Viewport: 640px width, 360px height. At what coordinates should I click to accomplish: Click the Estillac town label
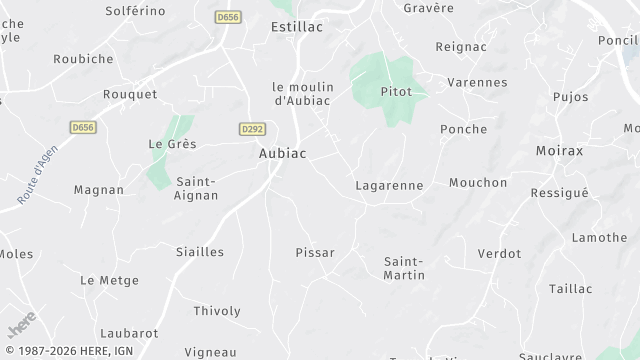click(297, 27)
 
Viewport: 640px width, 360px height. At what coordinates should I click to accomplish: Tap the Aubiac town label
click(282, 153)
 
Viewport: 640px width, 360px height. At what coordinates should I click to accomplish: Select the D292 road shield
click(252, 129)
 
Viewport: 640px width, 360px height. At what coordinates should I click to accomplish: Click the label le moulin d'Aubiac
click(303, 92)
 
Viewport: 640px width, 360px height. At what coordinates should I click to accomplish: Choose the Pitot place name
click(396, 91)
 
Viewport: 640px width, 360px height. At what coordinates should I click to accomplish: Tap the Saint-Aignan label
click(198, 188)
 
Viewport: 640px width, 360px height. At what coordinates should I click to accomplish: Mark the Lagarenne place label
click(389, 185)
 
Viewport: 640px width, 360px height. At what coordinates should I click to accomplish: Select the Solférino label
click(135, 10)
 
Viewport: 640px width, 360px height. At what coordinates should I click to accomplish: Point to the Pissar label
click(315, 252)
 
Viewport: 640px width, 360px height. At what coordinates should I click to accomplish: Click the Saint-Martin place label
click(404, 267)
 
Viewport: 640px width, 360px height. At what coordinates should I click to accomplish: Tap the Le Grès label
click(172, 144)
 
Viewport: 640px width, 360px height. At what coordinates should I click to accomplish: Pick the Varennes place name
click(477, 82)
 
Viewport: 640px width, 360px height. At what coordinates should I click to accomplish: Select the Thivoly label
click(216, 310)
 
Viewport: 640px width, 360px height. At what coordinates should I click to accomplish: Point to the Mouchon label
click(478, 182)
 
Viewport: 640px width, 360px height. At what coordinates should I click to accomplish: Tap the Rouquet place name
click(130, 94)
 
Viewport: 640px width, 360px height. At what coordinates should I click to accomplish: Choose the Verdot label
click(499, 253)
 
